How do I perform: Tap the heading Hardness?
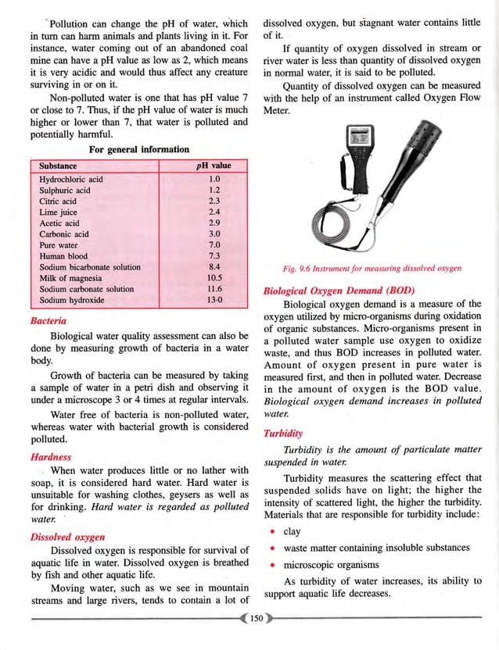pos(50,457)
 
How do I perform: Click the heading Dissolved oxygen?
pos(68,537)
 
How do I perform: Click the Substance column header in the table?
pos(59,166)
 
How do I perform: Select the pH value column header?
pos(211,166)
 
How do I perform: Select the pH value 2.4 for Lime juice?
pos(210,212)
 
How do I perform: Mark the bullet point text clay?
pos(292,531)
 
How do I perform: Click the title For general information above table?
pos(138,149)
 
